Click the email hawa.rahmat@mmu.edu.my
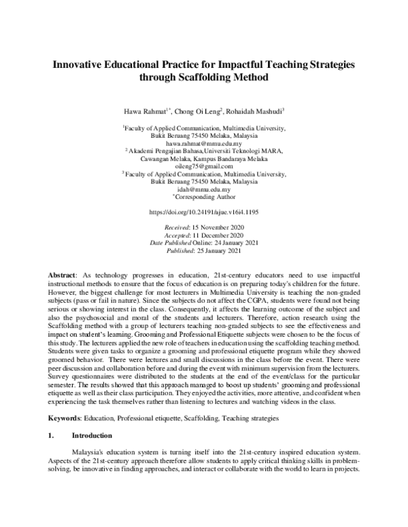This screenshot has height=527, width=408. pos(203,143)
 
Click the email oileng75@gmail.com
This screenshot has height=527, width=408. pos(203,166)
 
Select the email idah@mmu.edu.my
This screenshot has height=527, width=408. pos(203,189)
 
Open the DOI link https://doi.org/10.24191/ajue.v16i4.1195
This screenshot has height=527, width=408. pos(203,212)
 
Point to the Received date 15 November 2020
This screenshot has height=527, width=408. pos(218,226)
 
